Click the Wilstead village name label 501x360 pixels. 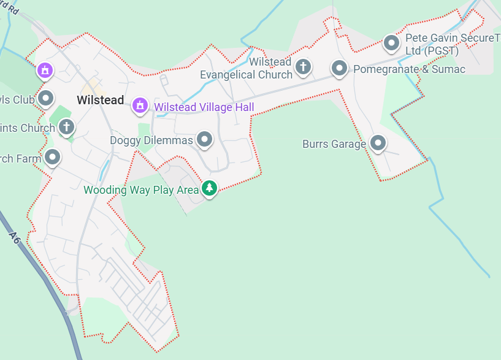click(x=101, y=100)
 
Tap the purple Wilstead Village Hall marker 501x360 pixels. click(x=140, y=106)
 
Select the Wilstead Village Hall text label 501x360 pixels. click(x=204, y=107)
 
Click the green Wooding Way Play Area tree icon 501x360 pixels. click(x=210, y=188)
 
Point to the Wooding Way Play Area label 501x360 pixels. click(x=141, y=190)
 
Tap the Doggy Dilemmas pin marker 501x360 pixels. click(x=204, y=139)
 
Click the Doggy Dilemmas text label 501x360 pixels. click(x=151, y=140)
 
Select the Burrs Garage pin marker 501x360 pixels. click(x=378, y=143)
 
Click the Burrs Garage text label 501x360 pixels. click(x=334, y=144)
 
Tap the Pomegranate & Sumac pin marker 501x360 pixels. click(x=339, y=67)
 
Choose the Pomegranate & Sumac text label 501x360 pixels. click(x=409, y=69)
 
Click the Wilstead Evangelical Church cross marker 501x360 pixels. click(x=303, y=66)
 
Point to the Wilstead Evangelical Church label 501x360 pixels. click(x=247, y=69)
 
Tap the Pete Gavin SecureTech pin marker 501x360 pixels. click(x=391, y=43)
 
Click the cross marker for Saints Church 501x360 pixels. click(x=66, y=127)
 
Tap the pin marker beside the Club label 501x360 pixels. click(x=45, y=98)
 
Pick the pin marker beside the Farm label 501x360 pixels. click(x=53, y=157)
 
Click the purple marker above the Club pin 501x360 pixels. click(x=44, y=70)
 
